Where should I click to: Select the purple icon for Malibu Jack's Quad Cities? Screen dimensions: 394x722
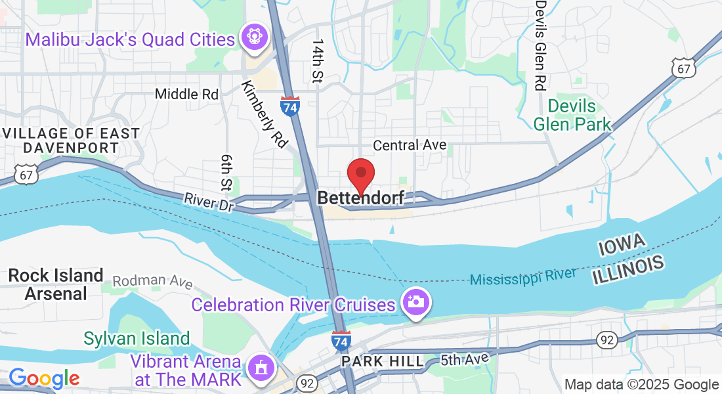click(x=251, y=38)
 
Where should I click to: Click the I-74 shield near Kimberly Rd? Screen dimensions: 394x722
click(x=289, y=106)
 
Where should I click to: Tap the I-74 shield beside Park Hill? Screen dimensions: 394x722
click(x=340, y=341)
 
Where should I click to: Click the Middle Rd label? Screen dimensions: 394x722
click(x=186, y=95)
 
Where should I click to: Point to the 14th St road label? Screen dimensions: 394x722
click(x=318, y=60)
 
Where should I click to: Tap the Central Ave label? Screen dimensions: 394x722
click(x=410, y=144)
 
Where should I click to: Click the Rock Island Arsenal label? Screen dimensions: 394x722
click(x=56, y=284)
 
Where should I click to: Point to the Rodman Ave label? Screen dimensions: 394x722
click(x=152, y=281)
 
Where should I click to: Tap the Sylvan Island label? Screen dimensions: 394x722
click(x=137, y=339)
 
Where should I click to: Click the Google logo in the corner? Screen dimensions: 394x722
click(x=43, y=378)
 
